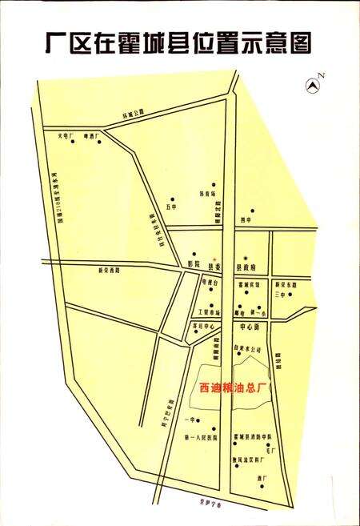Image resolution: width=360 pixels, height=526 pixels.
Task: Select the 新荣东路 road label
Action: (x=286, y=285)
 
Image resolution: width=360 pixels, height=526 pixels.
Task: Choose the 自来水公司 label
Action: (x=248, y=349)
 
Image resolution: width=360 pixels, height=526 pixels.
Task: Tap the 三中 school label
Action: (x=279, y=295)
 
